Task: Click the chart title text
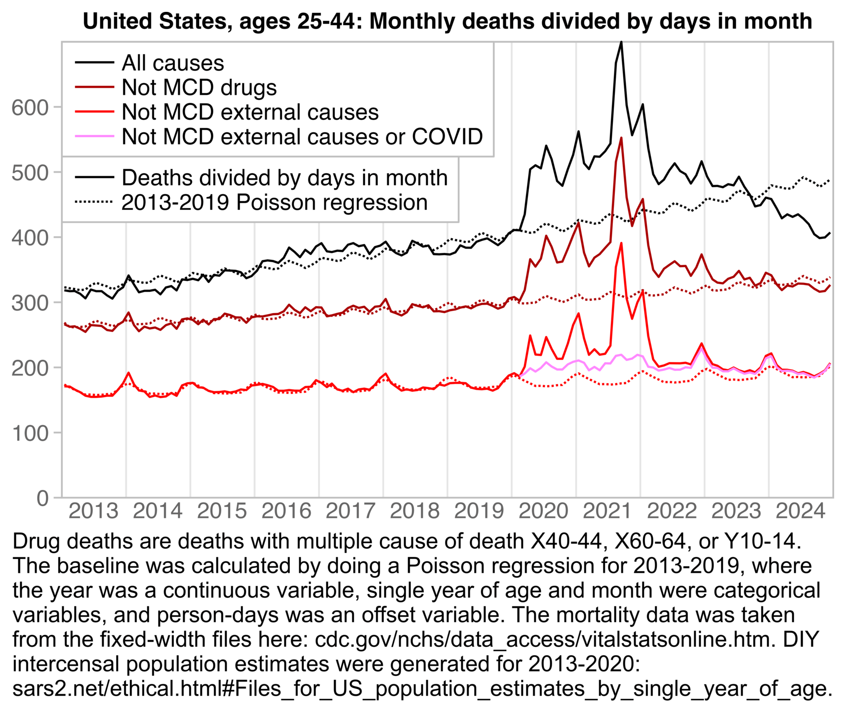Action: (x=447, y=22)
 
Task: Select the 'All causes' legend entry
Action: (x=172, y=63)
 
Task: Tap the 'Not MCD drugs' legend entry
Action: (x=199, y=87)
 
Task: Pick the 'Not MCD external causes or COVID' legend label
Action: (x=302, y=137)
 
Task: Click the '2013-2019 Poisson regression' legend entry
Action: (x=274, y=202)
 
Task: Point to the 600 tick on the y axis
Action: (x=30, y=107)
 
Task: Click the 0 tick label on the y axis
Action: (x=43, y=498)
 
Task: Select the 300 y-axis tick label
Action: (x=30, y=302)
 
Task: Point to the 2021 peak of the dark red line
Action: (x=621, y=138)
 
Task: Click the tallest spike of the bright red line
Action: (x=621, y=243)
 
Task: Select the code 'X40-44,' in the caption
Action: (x=566, y=541)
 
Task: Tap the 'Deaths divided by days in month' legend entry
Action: (x=284, y=178)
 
